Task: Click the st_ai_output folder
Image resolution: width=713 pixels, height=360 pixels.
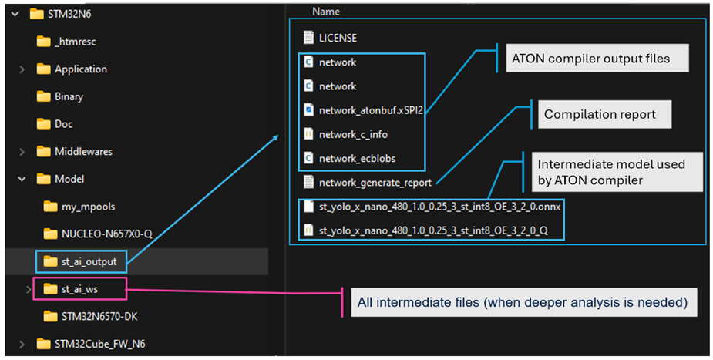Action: [x=80, y=262]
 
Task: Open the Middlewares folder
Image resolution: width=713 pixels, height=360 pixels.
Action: [x=75, y=151]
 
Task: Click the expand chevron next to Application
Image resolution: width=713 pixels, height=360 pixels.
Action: [x=22, y=69]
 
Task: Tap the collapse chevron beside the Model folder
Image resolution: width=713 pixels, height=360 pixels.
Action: [x=22, y=179]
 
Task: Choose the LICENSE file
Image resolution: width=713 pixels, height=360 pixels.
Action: [x=330, y=38]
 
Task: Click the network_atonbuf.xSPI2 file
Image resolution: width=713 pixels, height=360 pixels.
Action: [x=363, y=110]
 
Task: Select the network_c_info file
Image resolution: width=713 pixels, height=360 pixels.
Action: [x=345, y=135]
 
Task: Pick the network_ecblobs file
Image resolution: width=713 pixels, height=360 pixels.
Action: [x=350, y=159]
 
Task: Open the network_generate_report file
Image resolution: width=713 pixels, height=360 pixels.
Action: [x=368, y=183]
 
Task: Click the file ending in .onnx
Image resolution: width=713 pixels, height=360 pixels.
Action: [x=432, y=207]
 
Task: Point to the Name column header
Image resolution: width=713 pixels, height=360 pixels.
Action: [x=325, y=12]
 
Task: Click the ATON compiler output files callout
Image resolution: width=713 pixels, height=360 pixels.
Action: [x=597, y=58]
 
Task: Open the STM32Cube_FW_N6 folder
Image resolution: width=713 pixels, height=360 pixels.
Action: [x=91, y=344]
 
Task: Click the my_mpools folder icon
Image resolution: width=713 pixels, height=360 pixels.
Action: [x=50, y=207]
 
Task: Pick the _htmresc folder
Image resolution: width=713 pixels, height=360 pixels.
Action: [x=66, y=42]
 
